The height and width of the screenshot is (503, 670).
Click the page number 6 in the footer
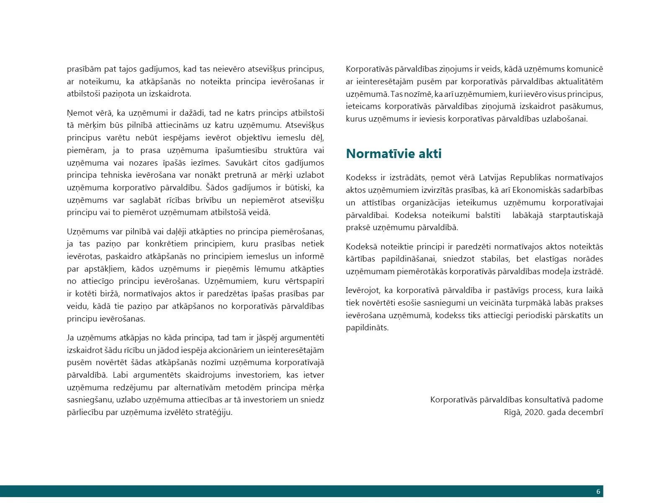tap(598, 492)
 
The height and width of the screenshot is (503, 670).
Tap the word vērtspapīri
tap(299, 281)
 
